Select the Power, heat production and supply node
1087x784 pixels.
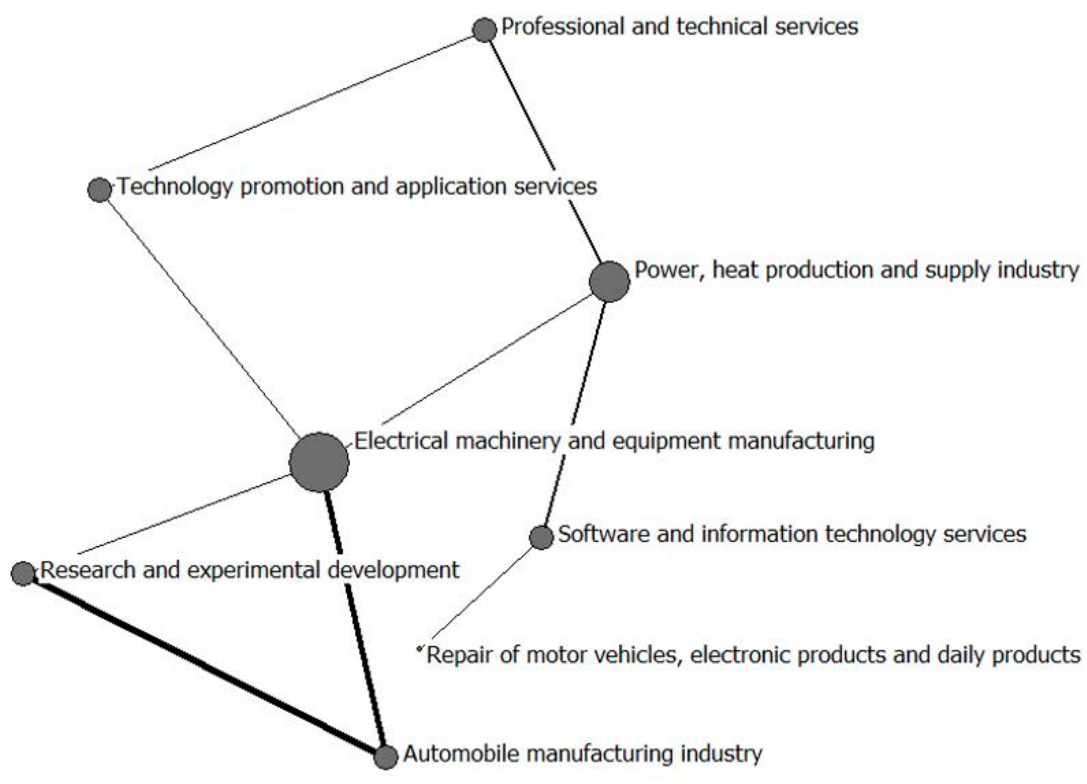609,282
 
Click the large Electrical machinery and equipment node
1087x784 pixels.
319,462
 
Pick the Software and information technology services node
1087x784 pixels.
541,537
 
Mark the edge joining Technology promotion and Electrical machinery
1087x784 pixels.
201,317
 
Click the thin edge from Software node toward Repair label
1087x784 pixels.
484,593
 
